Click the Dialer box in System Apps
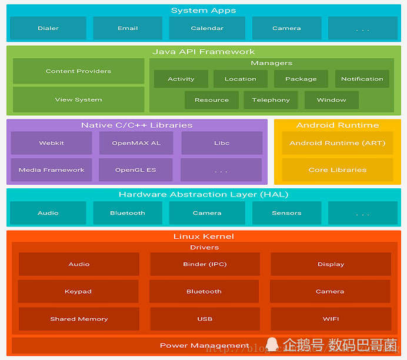[48, 28]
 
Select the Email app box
[128, 28]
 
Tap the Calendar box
[207, 28]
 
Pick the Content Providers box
[78, 71]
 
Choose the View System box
[78, 99]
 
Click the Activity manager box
[181, 79]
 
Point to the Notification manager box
[362, 79]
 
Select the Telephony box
[271, 100]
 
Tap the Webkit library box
[51, 143]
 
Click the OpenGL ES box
[136, 170]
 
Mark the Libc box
[222, 143]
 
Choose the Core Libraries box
[337, 170]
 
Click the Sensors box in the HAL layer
[286, 213]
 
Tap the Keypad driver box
[78, 291]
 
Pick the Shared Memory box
[79, 319]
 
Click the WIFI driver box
[331, 319]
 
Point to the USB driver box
[205, 319]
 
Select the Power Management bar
[204, 345]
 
